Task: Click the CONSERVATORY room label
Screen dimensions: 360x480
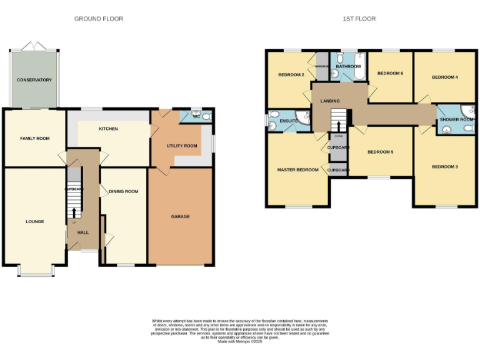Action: (34, 80)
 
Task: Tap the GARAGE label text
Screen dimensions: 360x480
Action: (180, 217)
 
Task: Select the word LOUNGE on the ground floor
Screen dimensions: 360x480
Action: (34, 221)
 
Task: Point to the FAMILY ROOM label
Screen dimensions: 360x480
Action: (34, 139)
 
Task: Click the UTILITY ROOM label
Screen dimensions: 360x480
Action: (181, 146)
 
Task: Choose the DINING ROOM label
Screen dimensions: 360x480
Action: (123, 192)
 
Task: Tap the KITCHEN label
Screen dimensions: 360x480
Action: (108, 129)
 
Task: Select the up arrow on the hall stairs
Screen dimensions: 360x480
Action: (74, 212)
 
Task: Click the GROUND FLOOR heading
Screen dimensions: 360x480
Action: (99, 19)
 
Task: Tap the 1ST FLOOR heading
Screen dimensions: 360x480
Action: (359, 19)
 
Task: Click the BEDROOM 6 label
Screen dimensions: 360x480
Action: (390, 73)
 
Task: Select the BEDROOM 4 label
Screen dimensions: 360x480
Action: (445, 77)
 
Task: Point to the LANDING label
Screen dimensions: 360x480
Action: (329, 101)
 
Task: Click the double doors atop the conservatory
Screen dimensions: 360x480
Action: (34, 47)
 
